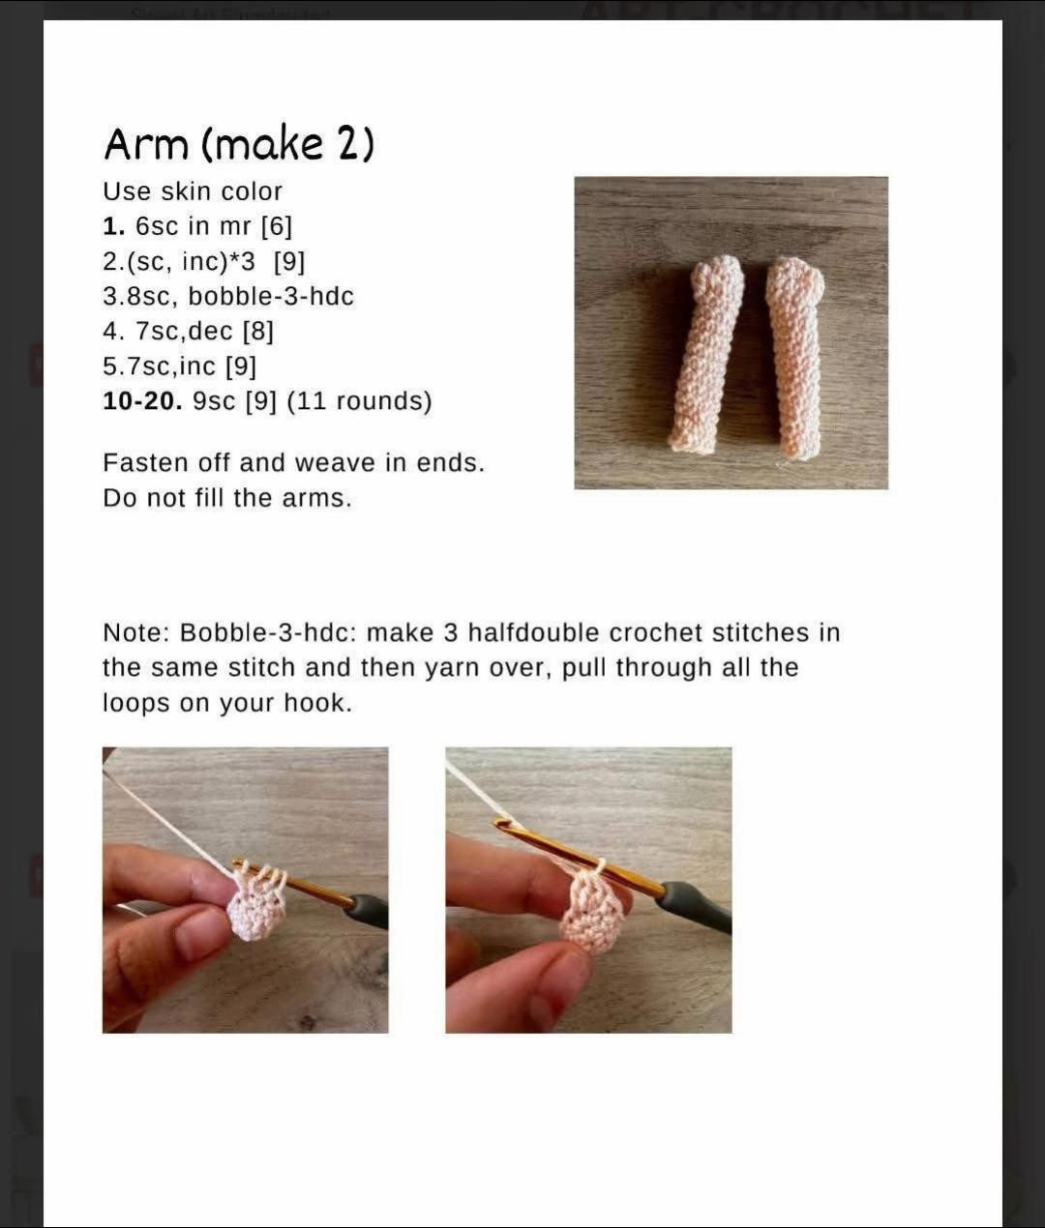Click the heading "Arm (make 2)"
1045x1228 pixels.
[x=239, y=144]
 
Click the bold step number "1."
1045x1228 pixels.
[x=114, y=225]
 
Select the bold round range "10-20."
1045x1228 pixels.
[x=142, y=401]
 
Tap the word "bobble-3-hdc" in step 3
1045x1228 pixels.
[x=271, y=297]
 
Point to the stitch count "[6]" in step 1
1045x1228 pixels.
[x=277, y=226]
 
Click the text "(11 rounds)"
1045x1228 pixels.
[x=360, y=401]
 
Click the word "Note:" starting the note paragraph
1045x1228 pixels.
[x=136, y=632]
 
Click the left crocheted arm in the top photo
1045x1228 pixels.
[x=705, y=354]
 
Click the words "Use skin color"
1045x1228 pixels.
[x=193, y=191]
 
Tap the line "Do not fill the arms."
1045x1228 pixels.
[x=227, y=498]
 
